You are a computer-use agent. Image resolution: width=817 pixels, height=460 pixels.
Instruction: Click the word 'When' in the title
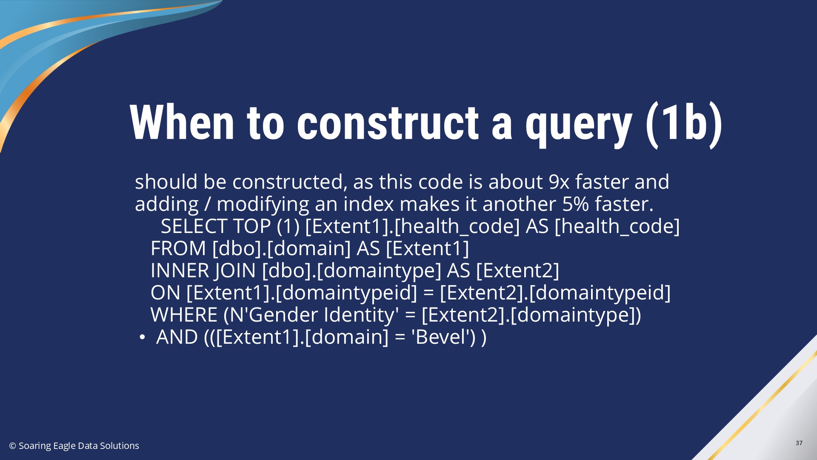(x=182, y=123)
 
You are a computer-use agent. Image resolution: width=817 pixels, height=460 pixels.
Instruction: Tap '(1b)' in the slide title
(x=684, y=124)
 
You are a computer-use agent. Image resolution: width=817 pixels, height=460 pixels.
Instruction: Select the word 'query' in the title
(x=579, y=128)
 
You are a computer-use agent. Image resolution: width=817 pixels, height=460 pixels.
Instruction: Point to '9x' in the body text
(x=559, y=182)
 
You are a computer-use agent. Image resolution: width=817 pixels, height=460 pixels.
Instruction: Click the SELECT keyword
(x=194, y=226)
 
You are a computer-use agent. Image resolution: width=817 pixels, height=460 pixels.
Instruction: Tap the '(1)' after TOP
(x=288, y=226)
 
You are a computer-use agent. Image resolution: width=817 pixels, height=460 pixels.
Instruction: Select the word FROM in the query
(x=178, y=248)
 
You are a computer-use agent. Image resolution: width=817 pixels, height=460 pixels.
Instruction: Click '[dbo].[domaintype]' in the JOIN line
(x=352, y=270)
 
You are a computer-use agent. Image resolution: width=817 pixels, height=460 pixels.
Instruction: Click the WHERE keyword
(x=184, y=315)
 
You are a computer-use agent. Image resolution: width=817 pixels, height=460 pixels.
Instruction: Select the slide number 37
(x=799, y=443)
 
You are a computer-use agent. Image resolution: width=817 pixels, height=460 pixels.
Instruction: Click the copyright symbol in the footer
(x=13, y=446)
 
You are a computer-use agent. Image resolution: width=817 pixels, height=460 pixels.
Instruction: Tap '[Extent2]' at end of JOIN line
(x=517, y=270)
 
